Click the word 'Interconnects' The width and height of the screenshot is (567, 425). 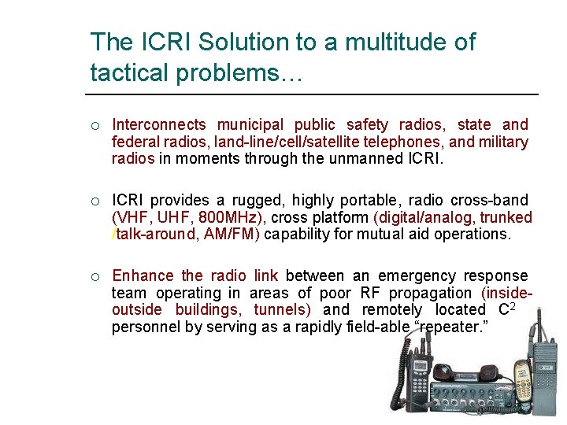point(159,124)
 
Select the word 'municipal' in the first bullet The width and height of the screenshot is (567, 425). point(250,124)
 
